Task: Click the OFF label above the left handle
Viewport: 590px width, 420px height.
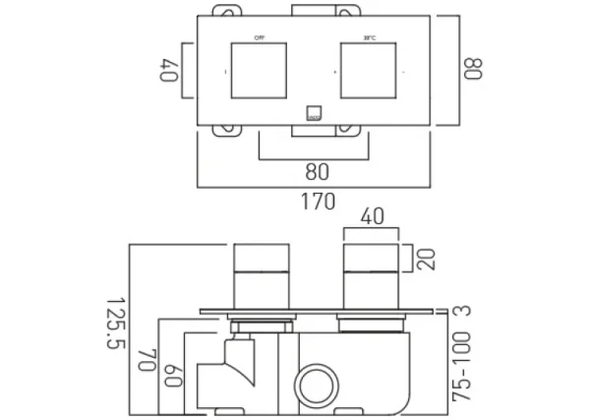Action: [260, 37]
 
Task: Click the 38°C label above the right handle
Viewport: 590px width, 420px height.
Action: [369, 37]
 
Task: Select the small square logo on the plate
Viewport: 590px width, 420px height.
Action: [315, 113]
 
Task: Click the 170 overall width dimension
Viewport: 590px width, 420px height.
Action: [317, 202]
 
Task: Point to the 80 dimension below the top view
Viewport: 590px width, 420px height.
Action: [316, 171]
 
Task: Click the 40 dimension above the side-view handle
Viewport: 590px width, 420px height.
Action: [372, 216]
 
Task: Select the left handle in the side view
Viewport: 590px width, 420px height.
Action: [262, 276]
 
